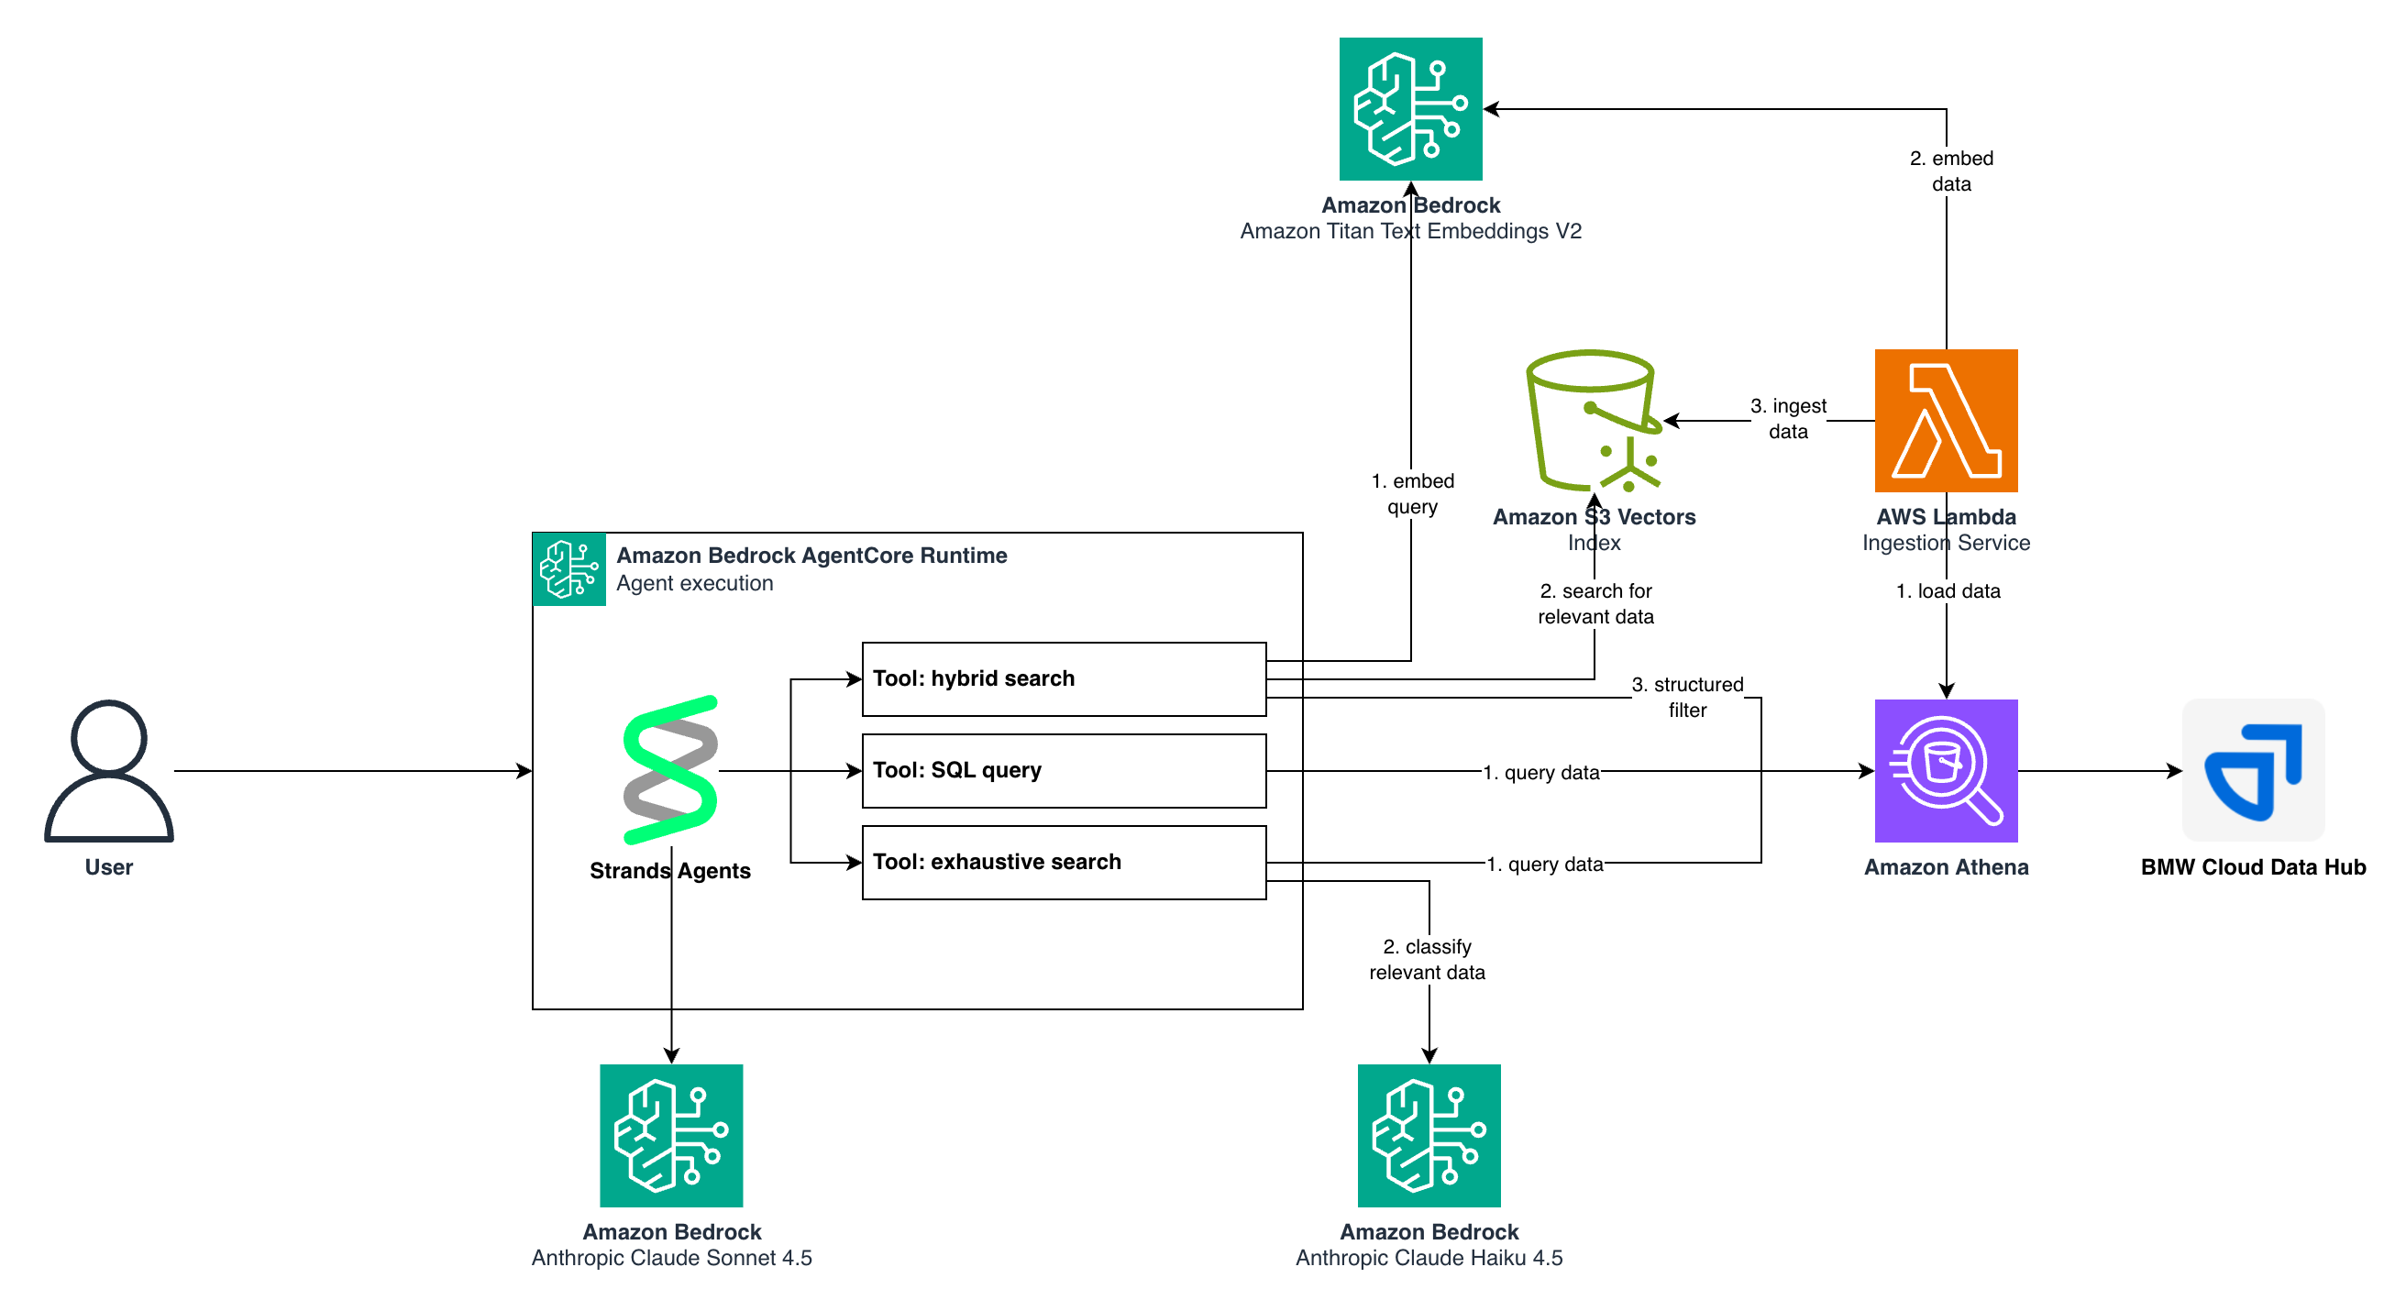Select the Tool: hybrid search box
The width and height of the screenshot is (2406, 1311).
(1064, 678)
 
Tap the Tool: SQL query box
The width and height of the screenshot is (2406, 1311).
(1064, 770)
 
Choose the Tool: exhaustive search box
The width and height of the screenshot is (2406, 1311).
(1064, 862)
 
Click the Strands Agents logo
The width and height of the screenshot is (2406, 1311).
(670, 770)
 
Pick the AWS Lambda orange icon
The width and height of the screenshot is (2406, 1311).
(1946, 420)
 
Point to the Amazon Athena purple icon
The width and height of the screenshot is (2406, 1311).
(1946, 770)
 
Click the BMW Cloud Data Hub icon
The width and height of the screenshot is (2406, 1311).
(2253, 770)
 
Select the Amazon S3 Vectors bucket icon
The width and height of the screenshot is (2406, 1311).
(1594, 420)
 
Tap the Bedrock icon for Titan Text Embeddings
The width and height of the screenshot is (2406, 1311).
(1410, 108)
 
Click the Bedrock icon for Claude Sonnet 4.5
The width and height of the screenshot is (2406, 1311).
(670, 1136)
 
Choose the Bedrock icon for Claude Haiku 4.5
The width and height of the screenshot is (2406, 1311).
(1429, 1136)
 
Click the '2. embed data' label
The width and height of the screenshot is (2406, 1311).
(1951, 171)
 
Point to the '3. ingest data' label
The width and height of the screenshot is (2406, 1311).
(1788, 418)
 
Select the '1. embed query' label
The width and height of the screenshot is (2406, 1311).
(1412, 494)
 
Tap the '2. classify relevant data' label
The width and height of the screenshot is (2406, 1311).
(1427, 959)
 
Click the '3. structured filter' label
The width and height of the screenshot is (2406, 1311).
(1687, 697)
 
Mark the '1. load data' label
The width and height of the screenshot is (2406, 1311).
(1948, 591)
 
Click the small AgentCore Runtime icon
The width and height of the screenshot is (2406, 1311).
(568, 568)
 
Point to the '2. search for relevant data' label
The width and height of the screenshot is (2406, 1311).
(1595, 603)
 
